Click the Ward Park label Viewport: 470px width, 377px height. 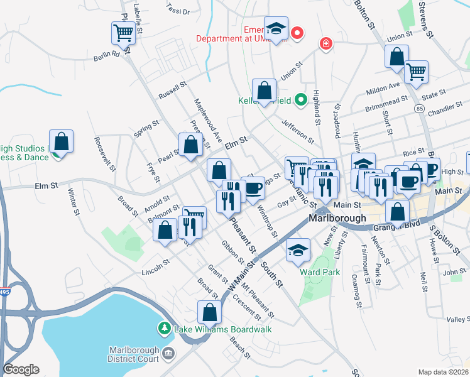[320, 272]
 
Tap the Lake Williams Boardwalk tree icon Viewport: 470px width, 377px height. [164, 328]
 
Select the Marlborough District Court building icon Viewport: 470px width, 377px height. [168, 354]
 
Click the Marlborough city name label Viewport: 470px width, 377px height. [337, 218]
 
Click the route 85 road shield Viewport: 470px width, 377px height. [418, 109]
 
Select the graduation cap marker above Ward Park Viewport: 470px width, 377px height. [298, 249]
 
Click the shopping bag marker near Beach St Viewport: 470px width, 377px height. [209, 312]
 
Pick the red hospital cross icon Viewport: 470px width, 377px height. [325, 43]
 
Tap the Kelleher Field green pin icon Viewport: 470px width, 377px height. [301, 99]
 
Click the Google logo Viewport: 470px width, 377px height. [21, 369]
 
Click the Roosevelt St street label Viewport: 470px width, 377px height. [105, 154]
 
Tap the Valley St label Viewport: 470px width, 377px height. [458, 320]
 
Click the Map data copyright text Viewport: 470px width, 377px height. [442, 371]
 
